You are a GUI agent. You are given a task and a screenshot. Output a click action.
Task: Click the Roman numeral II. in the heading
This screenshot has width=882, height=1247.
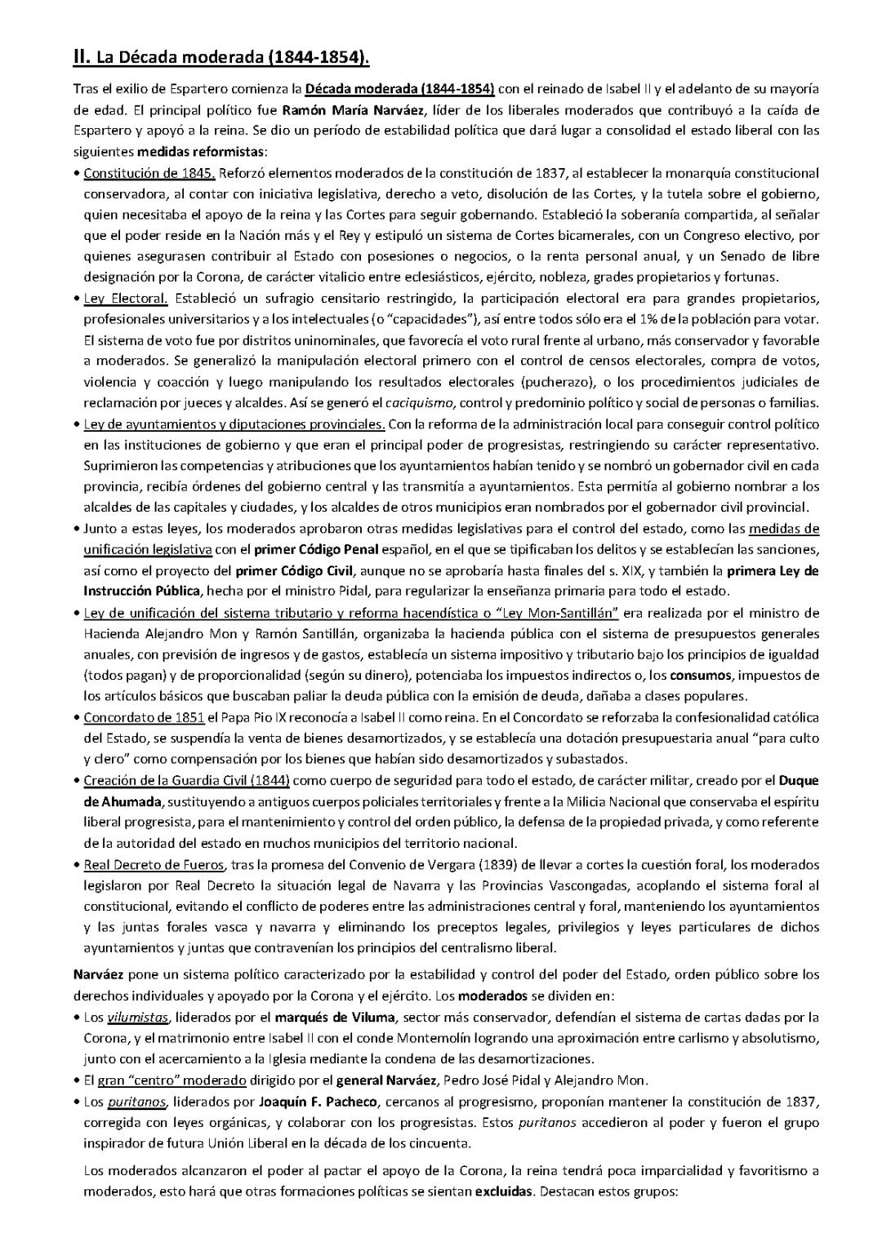81,57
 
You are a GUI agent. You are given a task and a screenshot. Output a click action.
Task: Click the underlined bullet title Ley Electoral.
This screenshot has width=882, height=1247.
126,298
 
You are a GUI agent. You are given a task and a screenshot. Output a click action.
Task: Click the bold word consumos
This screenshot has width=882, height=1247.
697,676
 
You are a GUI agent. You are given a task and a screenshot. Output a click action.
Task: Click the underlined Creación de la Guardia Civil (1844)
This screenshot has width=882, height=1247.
187,780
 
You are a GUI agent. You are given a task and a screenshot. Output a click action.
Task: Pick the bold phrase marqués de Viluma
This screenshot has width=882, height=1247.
323,1017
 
